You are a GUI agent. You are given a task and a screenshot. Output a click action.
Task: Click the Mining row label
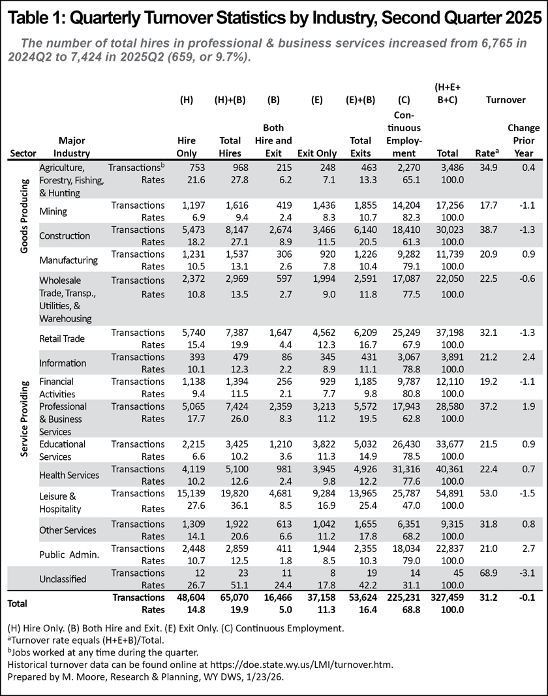tap(53, 211)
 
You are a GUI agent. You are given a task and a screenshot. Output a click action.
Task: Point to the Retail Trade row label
tap(62, 339)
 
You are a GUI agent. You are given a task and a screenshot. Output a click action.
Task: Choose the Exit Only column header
tap(317, 153)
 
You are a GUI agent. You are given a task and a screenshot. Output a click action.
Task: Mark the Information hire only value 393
tap(187, 357)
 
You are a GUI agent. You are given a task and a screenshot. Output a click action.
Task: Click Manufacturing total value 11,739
tap(448, 254)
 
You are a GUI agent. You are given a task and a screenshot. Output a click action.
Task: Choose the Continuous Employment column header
tap(408, 134)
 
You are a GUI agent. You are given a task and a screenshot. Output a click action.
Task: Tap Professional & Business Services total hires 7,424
tap(229, 406)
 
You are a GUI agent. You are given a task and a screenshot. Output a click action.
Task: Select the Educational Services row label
tap(64, 450)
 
